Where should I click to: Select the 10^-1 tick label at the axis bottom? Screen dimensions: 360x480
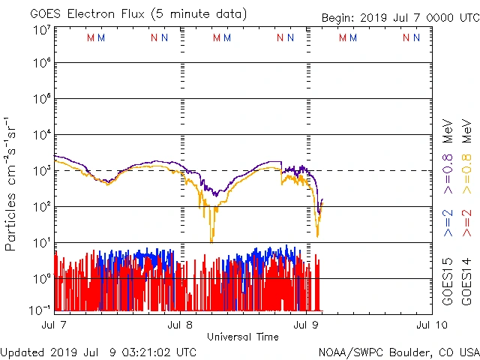point(41,309)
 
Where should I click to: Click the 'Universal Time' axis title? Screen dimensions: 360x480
point(243,337)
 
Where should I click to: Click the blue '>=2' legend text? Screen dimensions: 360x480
point(448,223)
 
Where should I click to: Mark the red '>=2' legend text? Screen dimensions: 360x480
point(467,223)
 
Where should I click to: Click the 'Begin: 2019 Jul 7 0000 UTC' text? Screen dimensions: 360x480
point(399,18)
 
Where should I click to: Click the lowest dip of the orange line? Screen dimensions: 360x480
point(211,241)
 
